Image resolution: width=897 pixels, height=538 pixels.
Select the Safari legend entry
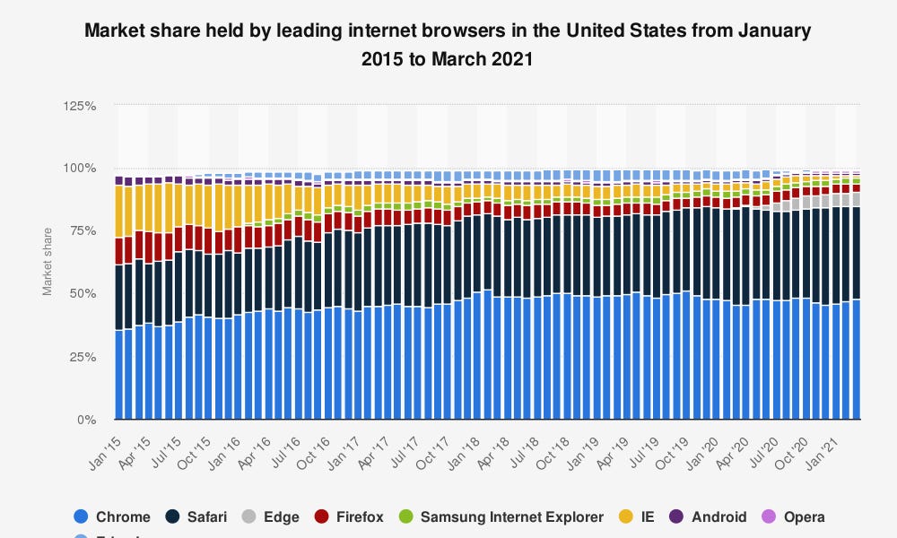pyautogui.click(x=196, y=516)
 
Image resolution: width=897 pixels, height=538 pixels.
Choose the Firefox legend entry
pyautogui.click(x=349, y=516)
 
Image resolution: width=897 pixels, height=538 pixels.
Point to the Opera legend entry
pyautogui.click(x=793, y=516)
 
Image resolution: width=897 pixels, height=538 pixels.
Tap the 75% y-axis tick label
pyautogui.click(x=83, y=231)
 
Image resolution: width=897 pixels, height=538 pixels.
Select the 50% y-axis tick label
pyautogui.click(x=83, y=294)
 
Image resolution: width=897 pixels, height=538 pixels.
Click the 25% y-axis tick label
pyautogui.click(x=83, y=357)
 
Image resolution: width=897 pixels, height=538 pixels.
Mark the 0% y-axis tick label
pyautogui.click(x=86, y=420)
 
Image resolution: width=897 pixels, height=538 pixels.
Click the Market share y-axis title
pyautogui.click(x=47, y=263)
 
